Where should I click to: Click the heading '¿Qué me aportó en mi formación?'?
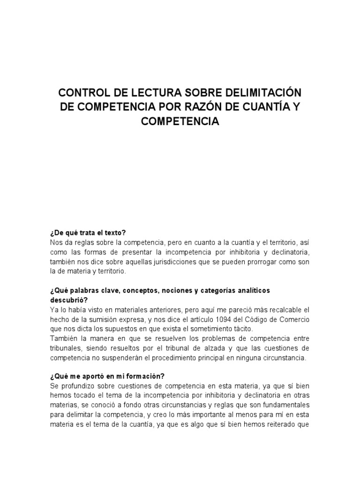(x=107, y=376)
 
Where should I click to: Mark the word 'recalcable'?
(x=286, y=309)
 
